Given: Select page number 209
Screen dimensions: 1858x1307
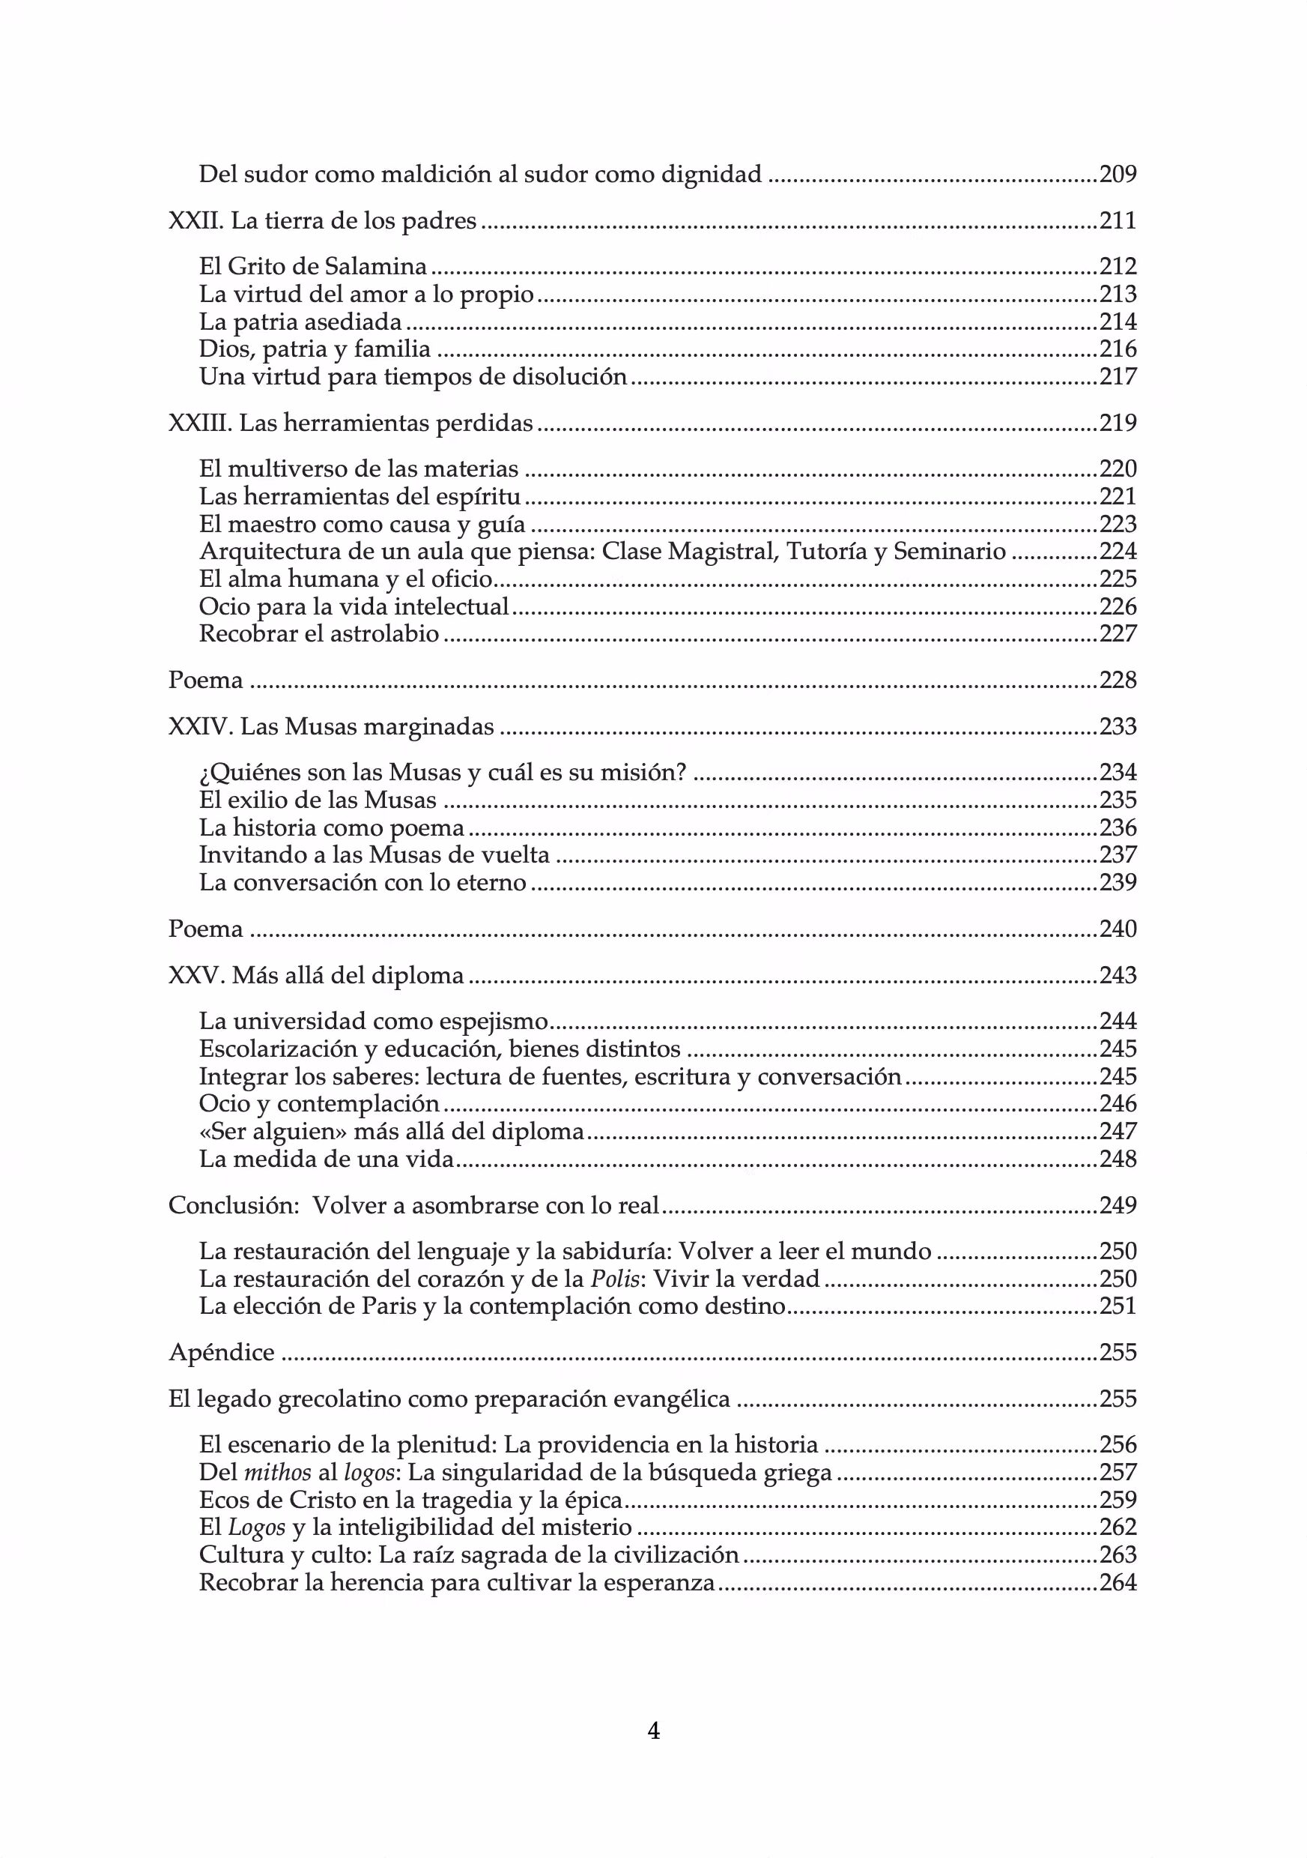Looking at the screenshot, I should click(x=1118, y=174).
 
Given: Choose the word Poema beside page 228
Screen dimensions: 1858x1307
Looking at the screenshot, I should click(x=205, y=680).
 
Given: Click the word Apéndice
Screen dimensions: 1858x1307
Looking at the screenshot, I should click(x=222, y=1352).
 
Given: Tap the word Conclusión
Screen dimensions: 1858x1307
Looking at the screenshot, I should click(x=229, y=1206).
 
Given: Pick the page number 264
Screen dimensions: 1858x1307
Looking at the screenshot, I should click(x=1118, y=1582).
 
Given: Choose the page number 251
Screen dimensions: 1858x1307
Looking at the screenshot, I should click(x=1118, y=1306).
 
